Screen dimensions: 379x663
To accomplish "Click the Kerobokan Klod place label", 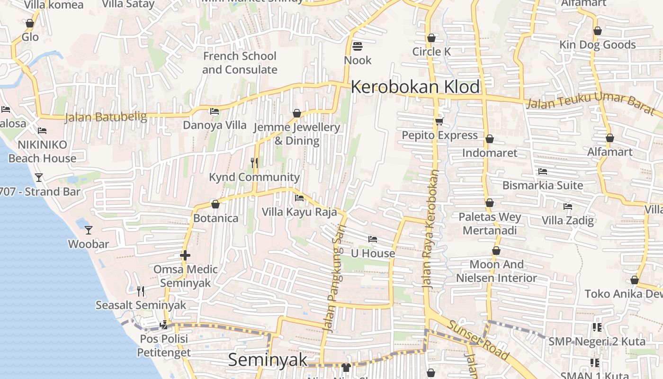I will (415, 87).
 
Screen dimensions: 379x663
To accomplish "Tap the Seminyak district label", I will (268, 360).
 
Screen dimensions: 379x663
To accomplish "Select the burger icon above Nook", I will (358, 46).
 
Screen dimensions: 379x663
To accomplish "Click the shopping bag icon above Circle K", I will (431, 38).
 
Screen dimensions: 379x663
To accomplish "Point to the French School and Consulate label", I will (240, 63).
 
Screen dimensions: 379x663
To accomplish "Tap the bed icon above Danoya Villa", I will (215, 112).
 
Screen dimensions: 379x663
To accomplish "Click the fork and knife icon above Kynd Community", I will (254, 163).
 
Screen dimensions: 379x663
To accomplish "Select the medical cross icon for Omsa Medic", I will (185, 255).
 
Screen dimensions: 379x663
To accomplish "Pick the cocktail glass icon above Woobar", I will (89, 230).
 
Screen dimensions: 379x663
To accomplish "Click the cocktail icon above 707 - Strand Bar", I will (39, 178).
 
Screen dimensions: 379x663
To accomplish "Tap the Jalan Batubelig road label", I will (106, 117).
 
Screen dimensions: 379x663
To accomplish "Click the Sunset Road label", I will (478, 340).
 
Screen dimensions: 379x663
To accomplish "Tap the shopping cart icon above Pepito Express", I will (439, 122).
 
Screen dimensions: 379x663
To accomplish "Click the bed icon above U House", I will (373, 239).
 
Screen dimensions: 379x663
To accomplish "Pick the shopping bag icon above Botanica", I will (215, 204).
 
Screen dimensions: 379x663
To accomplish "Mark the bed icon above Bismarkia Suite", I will (543, 171).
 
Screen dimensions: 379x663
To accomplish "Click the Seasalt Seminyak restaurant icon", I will (141, 291).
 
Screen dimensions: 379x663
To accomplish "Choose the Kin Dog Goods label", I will (598, 45).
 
